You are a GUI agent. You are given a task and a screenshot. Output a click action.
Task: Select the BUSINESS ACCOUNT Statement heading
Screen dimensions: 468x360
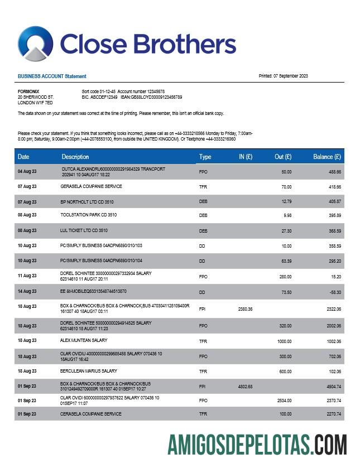tap(52, 76)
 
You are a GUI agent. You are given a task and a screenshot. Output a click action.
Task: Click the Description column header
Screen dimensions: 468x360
tap(75, 157)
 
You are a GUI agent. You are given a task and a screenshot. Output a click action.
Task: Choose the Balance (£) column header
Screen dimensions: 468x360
tap(327, 157)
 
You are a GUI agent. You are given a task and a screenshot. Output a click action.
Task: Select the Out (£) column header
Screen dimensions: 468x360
tap(283, 157)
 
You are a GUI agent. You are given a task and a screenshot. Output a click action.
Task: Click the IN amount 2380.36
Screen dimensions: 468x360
tap(245, 309)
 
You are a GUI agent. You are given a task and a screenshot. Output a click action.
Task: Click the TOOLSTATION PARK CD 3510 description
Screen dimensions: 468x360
tap(89, 215)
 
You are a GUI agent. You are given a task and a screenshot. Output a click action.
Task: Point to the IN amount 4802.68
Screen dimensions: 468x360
tap(245, 387)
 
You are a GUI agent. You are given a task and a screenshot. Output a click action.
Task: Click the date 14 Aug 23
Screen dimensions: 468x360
tap(27, 292)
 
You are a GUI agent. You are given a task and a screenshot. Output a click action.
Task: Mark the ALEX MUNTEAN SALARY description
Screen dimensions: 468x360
tap(84, 340)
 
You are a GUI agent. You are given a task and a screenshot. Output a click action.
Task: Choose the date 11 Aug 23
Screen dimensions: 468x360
tap(27, 276)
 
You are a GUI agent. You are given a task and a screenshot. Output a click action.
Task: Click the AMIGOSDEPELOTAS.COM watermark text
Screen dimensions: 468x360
tap(257, 445)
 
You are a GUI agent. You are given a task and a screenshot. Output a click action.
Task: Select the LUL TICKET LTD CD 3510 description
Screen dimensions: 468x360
tap(84, 230)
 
